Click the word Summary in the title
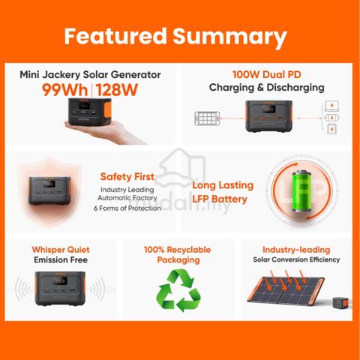[x=229, y=37]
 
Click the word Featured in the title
[x=115, y=36]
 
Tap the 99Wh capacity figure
[x=64, y=90]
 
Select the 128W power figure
[x=117, y=90]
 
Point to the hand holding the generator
[x=105, y=133]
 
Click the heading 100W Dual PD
[x=267, y=74]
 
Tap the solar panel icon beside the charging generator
[x=207, y=118]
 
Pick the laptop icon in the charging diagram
[x=331, y=106]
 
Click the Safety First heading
[x=127, y=176]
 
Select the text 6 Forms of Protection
[x=127, y=208]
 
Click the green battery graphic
[x=302, y=190]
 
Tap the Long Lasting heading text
[x=223, y=185]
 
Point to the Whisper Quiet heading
[x=61, y=250]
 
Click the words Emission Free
[x=61, y=259]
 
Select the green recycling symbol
[x=178, y=290]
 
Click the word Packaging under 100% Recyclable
[x=178, y=260]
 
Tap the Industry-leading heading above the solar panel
[x=296, y=250]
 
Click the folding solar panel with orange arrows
[x=286, y=289]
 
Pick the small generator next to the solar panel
[x=340, y=303]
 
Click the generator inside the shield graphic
[x=49, y=190]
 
